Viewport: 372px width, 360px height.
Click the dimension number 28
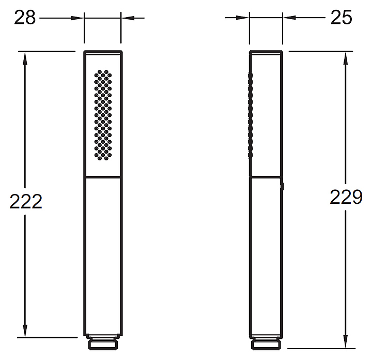25,18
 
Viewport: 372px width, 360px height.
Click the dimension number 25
341,18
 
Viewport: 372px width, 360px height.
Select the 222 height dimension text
26,201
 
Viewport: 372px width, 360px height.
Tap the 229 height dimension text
346,197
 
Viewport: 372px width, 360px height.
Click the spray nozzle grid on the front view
103,115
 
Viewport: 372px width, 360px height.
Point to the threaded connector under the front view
103,342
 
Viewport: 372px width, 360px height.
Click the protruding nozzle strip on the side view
250,115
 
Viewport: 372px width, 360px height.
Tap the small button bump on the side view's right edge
283,186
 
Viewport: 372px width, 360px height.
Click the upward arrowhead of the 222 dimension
25,58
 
